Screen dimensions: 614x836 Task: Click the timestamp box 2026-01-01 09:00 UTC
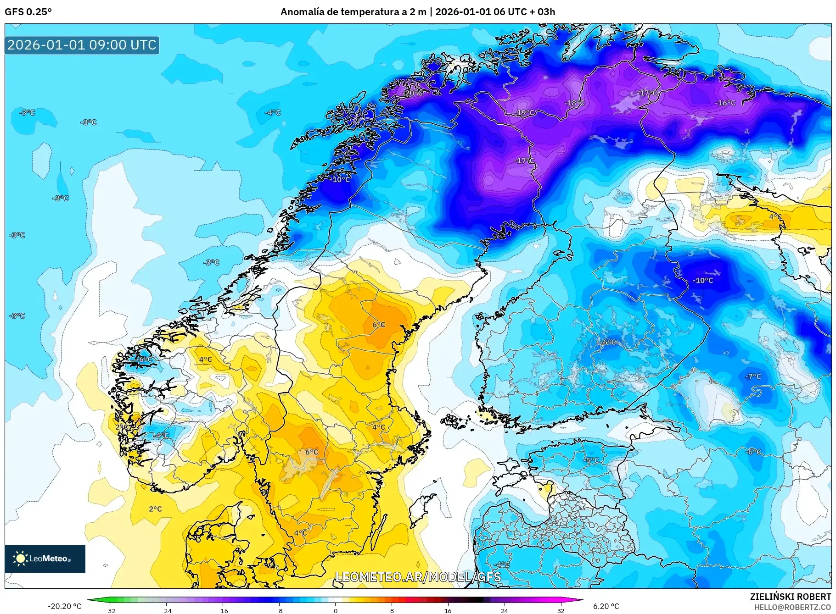(x=82, y=45)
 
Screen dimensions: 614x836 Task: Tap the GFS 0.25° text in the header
(x=28, y=12)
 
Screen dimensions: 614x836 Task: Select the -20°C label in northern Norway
(x=413, y=93)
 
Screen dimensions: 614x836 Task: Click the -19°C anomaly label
(x=524, y=112)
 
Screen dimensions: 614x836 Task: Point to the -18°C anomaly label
(x=574, y=103)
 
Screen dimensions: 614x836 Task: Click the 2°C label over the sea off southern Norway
(x=155, y=509)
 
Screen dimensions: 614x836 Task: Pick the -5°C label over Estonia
(x=592, y=460)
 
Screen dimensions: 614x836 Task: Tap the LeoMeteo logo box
(x=45, y=559)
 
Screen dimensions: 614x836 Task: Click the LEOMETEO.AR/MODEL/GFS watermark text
(x=418, y=577)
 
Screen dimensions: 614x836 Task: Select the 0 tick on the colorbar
(x=336, y=611)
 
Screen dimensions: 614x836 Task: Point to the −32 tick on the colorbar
(x=110, y=611)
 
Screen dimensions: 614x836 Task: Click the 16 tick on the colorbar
(x=448, y=611)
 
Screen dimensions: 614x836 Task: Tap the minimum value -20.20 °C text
(x=64, y=606)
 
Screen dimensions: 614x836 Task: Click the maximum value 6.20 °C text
(x=606, y=606)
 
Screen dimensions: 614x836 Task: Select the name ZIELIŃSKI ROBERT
(x=790, y=597)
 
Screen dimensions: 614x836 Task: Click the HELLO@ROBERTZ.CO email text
(x=792, y=607)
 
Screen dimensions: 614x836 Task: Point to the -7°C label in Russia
(x=753, y=376)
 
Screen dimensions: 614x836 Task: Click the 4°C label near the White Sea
(x=775, y=216)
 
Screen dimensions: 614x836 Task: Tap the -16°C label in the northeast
(x=725, y=103)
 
